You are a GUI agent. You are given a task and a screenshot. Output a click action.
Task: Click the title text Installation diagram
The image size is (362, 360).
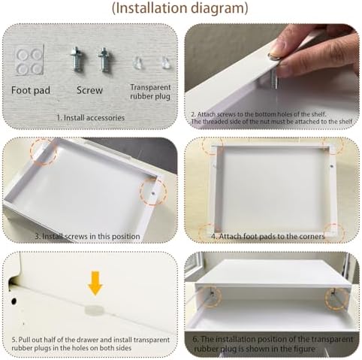[x=180, y=8]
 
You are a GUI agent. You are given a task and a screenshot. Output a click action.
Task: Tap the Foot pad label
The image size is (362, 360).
[x=31, y=90]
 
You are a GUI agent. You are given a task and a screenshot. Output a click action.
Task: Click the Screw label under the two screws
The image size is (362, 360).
[x=89, y=90]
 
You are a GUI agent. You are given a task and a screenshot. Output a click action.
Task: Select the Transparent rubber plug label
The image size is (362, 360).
[x=150, y=92]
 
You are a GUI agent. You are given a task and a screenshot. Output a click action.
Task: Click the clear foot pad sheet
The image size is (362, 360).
[x=29, y=61]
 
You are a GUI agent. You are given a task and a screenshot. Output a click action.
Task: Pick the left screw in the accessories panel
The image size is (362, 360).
[x=77, y=60]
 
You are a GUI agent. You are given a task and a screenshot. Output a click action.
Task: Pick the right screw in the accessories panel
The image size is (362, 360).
[x=104, y=60]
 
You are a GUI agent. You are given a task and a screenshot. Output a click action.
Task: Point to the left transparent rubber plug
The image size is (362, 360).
[x=137, y=62]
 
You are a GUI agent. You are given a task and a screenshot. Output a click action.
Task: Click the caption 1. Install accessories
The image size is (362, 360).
[x=91, y=117]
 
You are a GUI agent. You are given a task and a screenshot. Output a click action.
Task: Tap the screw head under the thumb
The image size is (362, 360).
[x=273, y=56]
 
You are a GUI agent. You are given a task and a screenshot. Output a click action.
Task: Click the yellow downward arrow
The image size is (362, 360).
[x=95, y=283]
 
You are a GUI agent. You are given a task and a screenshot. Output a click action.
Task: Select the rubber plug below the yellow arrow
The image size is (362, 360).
[x=94, y=310]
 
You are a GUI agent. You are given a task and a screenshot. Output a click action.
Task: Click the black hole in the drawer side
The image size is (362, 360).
[x=14, y=301]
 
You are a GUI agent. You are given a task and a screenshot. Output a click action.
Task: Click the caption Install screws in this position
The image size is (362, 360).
[x=91, y=236]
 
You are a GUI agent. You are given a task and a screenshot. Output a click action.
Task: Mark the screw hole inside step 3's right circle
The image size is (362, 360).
[x=153, y=193]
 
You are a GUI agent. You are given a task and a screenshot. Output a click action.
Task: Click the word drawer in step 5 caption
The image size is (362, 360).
[x=89, y=340]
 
